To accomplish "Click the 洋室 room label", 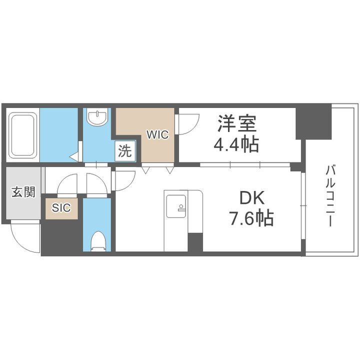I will point(236,123).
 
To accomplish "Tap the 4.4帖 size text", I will point(236,145).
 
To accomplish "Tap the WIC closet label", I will point(157,134).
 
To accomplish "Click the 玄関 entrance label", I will point(23,192).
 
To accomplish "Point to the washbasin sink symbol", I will point(96,118).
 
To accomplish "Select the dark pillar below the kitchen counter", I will point(195,243).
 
